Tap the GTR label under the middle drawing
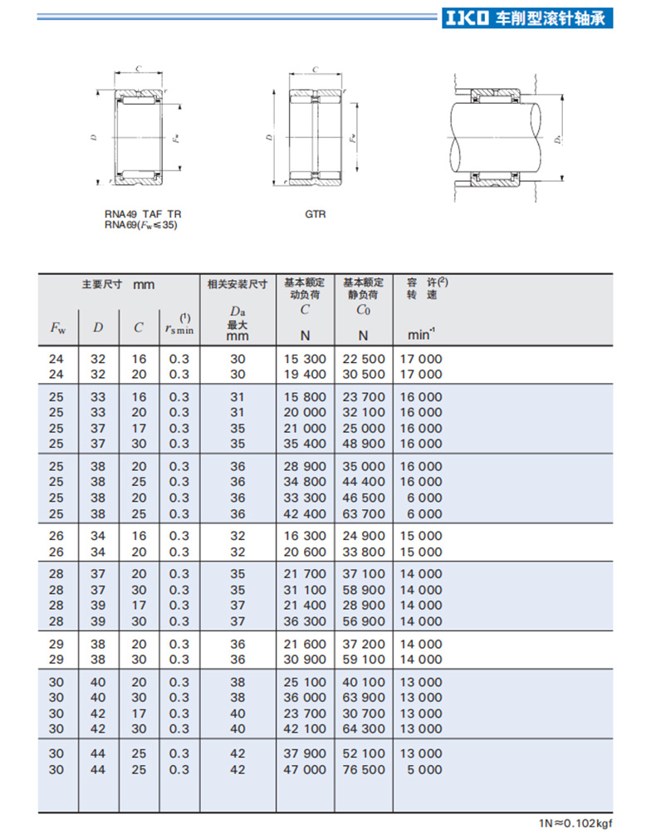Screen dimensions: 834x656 tap(315, 214)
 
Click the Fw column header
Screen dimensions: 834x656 tap(58, 327)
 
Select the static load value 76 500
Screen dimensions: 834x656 tap(363, 769)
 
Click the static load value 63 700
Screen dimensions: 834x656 tap(363, 513)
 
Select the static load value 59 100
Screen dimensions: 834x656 tap(363, 660)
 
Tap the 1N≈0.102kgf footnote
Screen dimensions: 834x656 tap(578, 822)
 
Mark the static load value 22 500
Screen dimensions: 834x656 tap(363, 359)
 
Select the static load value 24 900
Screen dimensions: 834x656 tap(363, 536)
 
